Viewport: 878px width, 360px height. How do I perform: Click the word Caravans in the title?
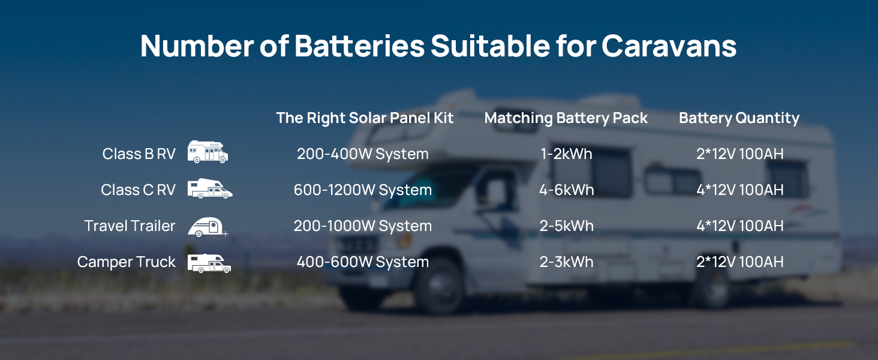[669, 46]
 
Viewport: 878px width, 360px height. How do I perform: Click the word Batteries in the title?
[359, 46]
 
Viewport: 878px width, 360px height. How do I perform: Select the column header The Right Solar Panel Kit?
[365, 118]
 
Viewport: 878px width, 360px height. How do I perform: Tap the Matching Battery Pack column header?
[566, 118]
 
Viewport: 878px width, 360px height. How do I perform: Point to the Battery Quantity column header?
[739, 118]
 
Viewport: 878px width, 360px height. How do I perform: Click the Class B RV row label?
[139, 154]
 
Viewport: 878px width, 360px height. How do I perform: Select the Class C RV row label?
[138, 190]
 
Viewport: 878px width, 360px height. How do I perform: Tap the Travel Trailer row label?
[130, 226]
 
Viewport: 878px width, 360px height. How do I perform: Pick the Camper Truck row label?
[126, 262]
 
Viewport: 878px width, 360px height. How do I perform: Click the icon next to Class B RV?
[208, 152]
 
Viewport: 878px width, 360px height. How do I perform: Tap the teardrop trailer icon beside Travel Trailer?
[208, 227]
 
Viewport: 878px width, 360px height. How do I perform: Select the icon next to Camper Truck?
[209, 263]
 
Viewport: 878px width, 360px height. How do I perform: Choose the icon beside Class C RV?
[210, 188]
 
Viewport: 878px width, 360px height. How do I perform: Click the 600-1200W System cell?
[363, 190]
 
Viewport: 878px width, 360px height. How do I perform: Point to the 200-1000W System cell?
[363, 226]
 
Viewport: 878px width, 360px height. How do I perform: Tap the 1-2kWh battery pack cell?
[566, 154]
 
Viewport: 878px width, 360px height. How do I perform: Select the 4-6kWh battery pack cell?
[566, 190]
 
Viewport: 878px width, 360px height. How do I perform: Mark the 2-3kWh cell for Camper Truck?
[566, 262]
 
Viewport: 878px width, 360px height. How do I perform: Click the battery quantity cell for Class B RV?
[740, 154]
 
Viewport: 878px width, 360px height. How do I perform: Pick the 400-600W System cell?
[363, 262]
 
